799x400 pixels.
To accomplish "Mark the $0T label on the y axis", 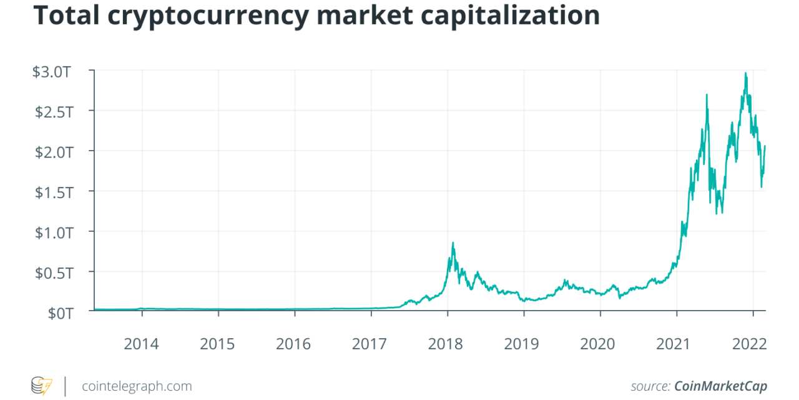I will (61, 312).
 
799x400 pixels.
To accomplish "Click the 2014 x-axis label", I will (142, 343).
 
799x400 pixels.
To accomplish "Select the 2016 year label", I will (294, 343).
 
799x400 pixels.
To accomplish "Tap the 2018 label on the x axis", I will (447, 343).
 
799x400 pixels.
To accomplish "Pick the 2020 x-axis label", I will (599, 343).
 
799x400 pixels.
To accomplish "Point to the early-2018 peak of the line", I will (453, 242).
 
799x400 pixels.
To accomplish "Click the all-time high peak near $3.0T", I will (745, 73).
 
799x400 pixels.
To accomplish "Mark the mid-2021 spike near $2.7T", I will (706, 94).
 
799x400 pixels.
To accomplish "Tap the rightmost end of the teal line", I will (765, 146).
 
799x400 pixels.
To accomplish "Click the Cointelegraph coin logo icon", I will (42, 385).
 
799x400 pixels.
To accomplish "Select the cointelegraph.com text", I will (137, 386).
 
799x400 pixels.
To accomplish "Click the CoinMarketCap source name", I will (720, 386).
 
